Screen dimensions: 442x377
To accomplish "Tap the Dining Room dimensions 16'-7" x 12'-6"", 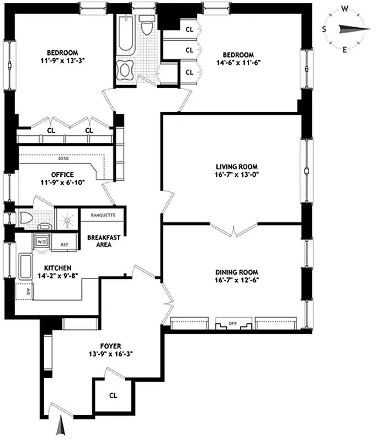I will pyautogui.click(x=237, y=280).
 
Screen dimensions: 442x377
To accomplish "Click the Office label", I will pyautogui.click(x=62, y=175).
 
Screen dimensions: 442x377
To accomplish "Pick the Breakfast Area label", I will pyautogui.click(x=99, y=241).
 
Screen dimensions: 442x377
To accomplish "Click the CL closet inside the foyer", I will pyautogui.click(x=113, y=396).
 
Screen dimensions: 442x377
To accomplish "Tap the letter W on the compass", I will pyautogui.click(x=345, y=8).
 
